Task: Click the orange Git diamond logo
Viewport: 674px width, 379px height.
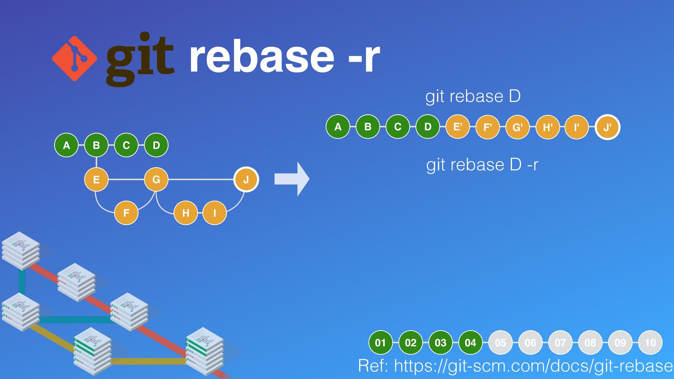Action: (74, 58)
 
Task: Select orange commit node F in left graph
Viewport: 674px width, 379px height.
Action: (126, 213)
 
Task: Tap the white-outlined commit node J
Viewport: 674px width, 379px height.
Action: (246, 179)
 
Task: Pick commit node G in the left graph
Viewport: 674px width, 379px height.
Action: (156, 179)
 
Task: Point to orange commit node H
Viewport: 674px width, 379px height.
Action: (186, 213)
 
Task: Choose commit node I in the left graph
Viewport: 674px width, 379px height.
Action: (214, 213)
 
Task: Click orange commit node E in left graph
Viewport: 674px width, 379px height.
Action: (96, 179)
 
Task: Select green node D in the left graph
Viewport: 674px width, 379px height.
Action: (156, 145)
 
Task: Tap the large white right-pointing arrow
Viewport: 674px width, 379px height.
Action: (292, 179)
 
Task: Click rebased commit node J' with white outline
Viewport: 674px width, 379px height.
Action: (608, 127)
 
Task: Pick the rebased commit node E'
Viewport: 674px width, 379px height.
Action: (457, 127)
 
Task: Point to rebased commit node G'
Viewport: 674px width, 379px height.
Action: (517, 127)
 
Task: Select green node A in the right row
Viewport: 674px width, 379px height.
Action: (338, 127)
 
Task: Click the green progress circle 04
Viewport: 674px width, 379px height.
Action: (470, 343)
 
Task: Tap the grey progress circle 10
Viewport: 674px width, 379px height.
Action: (650, 343)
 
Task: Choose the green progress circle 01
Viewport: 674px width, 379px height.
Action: (381, 343)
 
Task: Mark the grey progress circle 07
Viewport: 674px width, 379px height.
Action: (560, 343)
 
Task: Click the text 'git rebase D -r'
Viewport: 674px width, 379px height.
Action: (482, 165)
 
